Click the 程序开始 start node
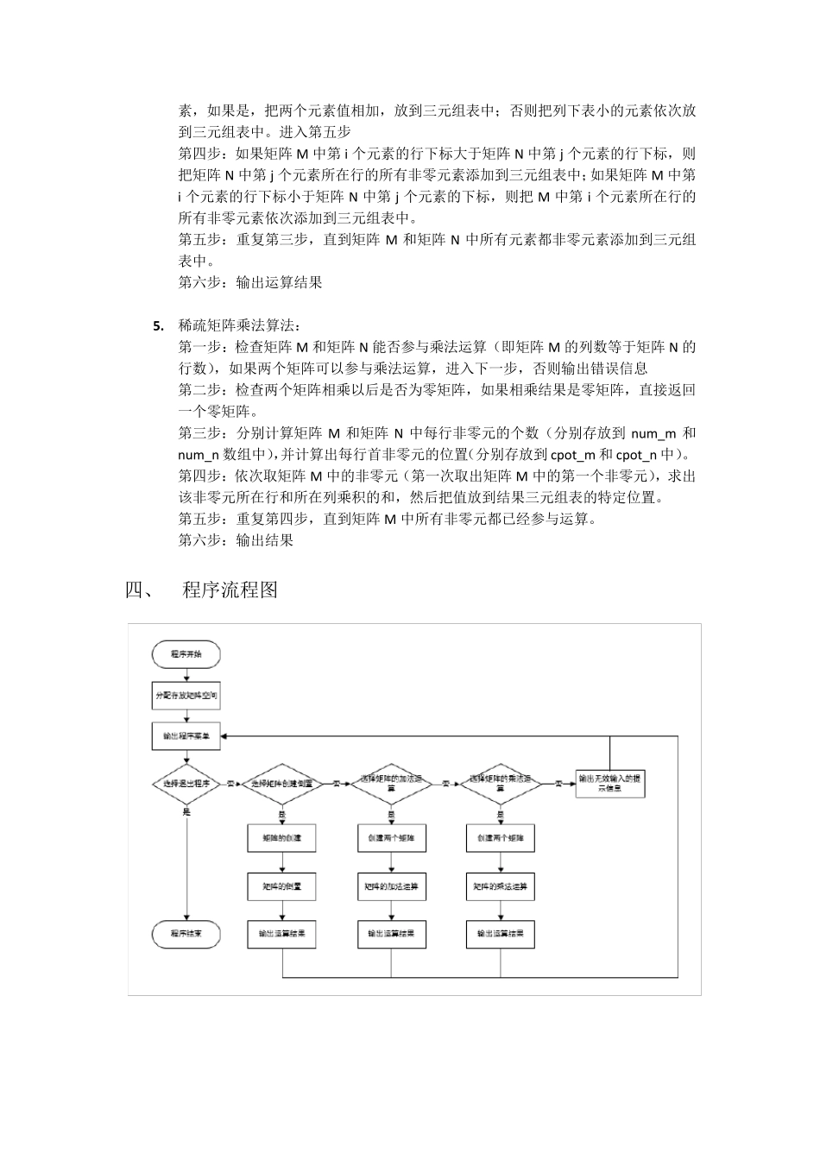[x=186, y=654]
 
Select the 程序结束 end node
[x=186, y=933]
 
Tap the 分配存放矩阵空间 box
[x=186, y=695]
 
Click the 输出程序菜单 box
[x=186, y=736]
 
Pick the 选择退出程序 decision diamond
[x=186, y=784]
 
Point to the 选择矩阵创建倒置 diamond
[x=281, y=784]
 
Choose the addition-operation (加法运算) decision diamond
[x=391, y=784]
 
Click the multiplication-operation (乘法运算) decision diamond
[x=500, y=784]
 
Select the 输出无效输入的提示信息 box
[x=610, y=783]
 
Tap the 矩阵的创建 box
[x=281, y=838]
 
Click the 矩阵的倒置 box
[x=281, y=886]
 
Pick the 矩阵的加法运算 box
[x=391, y=886]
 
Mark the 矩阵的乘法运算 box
[x=500, y=886]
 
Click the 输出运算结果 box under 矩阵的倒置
[x=281, y=934]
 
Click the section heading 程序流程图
[x=230, y=591]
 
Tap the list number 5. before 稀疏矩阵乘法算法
[x=158, y=326]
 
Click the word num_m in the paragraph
[x=653, y=433]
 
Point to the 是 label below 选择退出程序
[x=186, y=811]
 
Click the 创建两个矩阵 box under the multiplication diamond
[x=500, y=838]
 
